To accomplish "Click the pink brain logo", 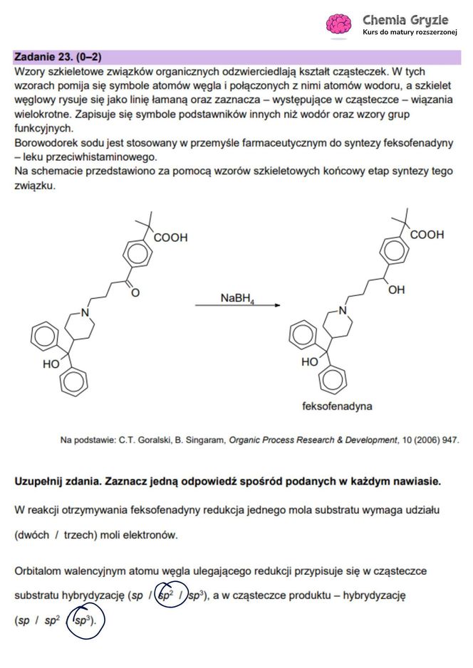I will pos(339,24).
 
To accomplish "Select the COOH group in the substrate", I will pos(170,238).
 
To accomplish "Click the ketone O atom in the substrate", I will pos(135,292).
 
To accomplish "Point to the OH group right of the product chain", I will pos(396,290).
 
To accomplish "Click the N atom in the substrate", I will pos(85,312).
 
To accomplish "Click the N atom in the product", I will pos(342,309).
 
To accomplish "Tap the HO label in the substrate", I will pos(51,364).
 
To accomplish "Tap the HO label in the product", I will pos(309,361).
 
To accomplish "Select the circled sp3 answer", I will pos(85,620).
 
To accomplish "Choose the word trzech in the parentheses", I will pos(84,534).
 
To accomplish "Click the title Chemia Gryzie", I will pos(405,19).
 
